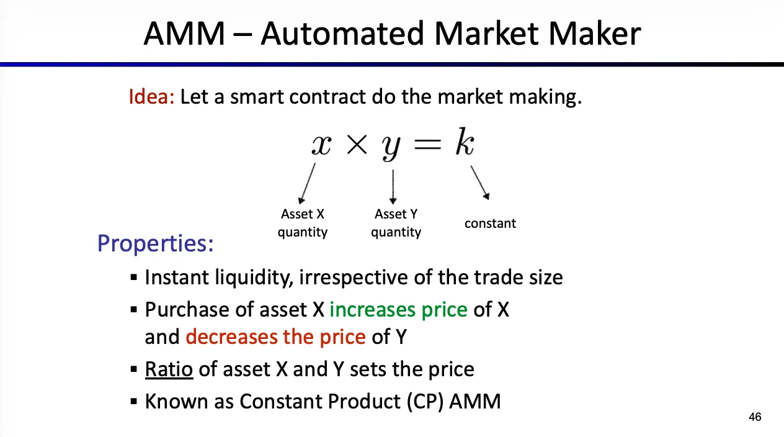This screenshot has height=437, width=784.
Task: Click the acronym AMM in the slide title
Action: click(184, 34)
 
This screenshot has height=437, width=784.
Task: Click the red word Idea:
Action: click(151, 96)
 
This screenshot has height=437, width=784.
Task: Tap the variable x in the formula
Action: click(321, 145)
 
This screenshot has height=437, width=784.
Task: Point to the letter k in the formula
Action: click(465, 141)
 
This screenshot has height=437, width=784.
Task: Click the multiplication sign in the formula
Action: click(357, 144)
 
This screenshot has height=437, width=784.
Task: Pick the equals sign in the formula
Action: click(427, 144)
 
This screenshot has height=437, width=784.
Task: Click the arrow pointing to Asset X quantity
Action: click(307, 184)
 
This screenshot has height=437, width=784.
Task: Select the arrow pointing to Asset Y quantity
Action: click(393, 187)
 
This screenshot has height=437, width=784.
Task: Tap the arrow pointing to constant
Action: click(480, 182)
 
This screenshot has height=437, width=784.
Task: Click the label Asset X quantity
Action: click(303, 223)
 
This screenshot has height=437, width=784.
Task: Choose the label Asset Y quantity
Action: click(396, 223)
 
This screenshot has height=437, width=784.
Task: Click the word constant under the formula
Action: click(490, 223)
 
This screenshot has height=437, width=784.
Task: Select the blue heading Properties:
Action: click(156, 243)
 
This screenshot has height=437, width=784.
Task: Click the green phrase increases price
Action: click(398, 310)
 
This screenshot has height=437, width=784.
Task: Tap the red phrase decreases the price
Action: click(275, 337)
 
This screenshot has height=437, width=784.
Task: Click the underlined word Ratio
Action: click(169, 369)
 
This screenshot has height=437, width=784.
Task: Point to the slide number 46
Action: click(755, 417)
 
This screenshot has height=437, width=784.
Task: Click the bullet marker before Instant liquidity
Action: click(134, 277)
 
